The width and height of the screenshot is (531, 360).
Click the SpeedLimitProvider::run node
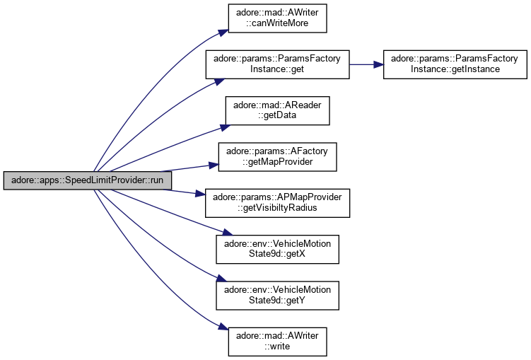[x=88, y=180]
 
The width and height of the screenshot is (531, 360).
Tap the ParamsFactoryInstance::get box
[x=276, y=64]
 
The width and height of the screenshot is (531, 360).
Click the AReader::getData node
[x=276, y=110]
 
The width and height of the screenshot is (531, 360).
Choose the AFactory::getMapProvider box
[x=276, y=156]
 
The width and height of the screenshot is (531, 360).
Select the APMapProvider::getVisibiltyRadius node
[x=276, y=202]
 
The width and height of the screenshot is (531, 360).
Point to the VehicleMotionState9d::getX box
[x=276, y=248]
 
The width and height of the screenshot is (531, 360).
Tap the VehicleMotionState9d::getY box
[x=276, y=294]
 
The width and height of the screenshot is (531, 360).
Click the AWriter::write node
[x=276, y=340]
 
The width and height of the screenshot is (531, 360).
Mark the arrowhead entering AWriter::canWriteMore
[x=223, y=32]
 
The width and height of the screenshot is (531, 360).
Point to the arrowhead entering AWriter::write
[x=223, y=328]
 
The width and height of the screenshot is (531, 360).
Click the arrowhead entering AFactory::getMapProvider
[x=213, y=166]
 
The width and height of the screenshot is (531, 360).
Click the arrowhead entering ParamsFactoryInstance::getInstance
[x=378, y=64]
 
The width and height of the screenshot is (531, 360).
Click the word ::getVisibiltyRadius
[x=276, y=207]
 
